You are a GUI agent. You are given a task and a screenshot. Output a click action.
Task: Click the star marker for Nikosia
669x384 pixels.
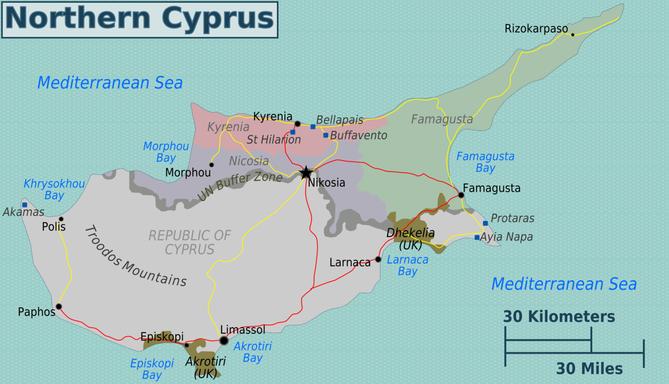(306, 173)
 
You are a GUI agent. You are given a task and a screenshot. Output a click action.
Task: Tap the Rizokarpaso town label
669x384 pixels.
(536, 29)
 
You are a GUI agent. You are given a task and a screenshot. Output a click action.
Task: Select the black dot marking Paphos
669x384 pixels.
(59, 307)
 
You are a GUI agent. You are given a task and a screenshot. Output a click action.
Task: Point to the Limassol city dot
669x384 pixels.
(224, 341)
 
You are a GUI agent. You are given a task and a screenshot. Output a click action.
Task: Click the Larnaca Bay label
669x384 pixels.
(407, 265)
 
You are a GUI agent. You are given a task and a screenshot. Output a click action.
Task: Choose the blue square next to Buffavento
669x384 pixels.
(326, 135)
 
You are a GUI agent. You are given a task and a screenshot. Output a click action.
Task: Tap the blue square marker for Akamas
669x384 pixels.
(25, 205)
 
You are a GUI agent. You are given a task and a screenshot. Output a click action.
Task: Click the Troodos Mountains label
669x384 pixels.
(135, 256)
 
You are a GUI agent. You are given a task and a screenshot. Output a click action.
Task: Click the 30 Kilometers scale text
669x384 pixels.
(559, 317)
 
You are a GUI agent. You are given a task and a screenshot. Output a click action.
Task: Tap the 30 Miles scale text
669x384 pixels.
(589, 369)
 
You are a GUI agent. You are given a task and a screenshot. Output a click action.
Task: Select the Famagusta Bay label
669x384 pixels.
(485, 162)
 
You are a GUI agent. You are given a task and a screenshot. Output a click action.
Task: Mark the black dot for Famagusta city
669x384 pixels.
(461, 195)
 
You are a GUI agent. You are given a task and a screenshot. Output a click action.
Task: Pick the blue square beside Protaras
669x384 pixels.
(485, 223)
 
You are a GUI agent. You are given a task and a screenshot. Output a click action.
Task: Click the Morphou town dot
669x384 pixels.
(211, 165)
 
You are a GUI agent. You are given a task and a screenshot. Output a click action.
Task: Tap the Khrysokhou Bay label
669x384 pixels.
(54, 190)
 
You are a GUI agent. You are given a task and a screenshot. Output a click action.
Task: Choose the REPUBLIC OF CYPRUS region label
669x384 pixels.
(189, 242)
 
